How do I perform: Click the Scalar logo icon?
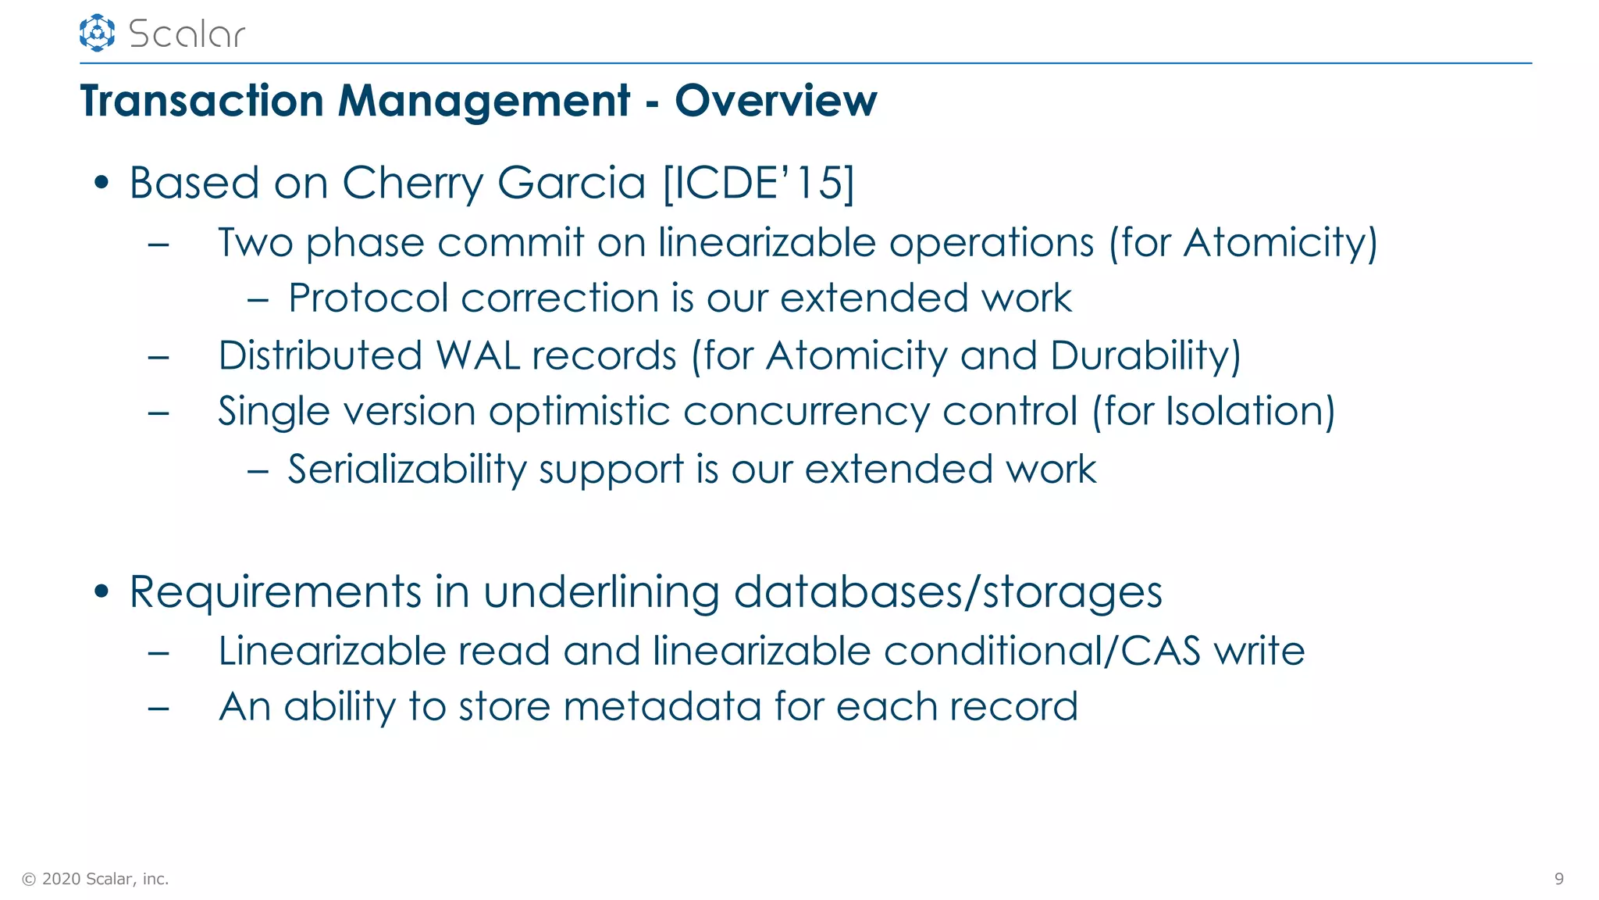click(x=97, y=33)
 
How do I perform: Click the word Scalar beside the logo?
click(x=187, y=34)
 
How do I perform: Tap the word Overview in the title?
click(x=775, y=101)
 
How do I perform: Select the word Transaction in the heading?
click(x=201, y=101)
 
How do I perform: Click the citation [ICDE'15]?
click(x=758, y=183)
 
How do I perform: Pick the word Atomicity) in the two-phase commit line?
click(x=1280, y=243)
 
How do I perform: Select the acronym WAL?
click(x=478, y=355)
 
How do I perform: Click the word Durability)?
click(x=1145, y=355)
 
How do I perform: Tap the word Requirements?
click(x=275, y=592)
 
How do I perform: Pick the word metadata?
click(x=662, y=706)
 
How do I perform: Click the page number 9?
click(x=1558, y=879)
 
